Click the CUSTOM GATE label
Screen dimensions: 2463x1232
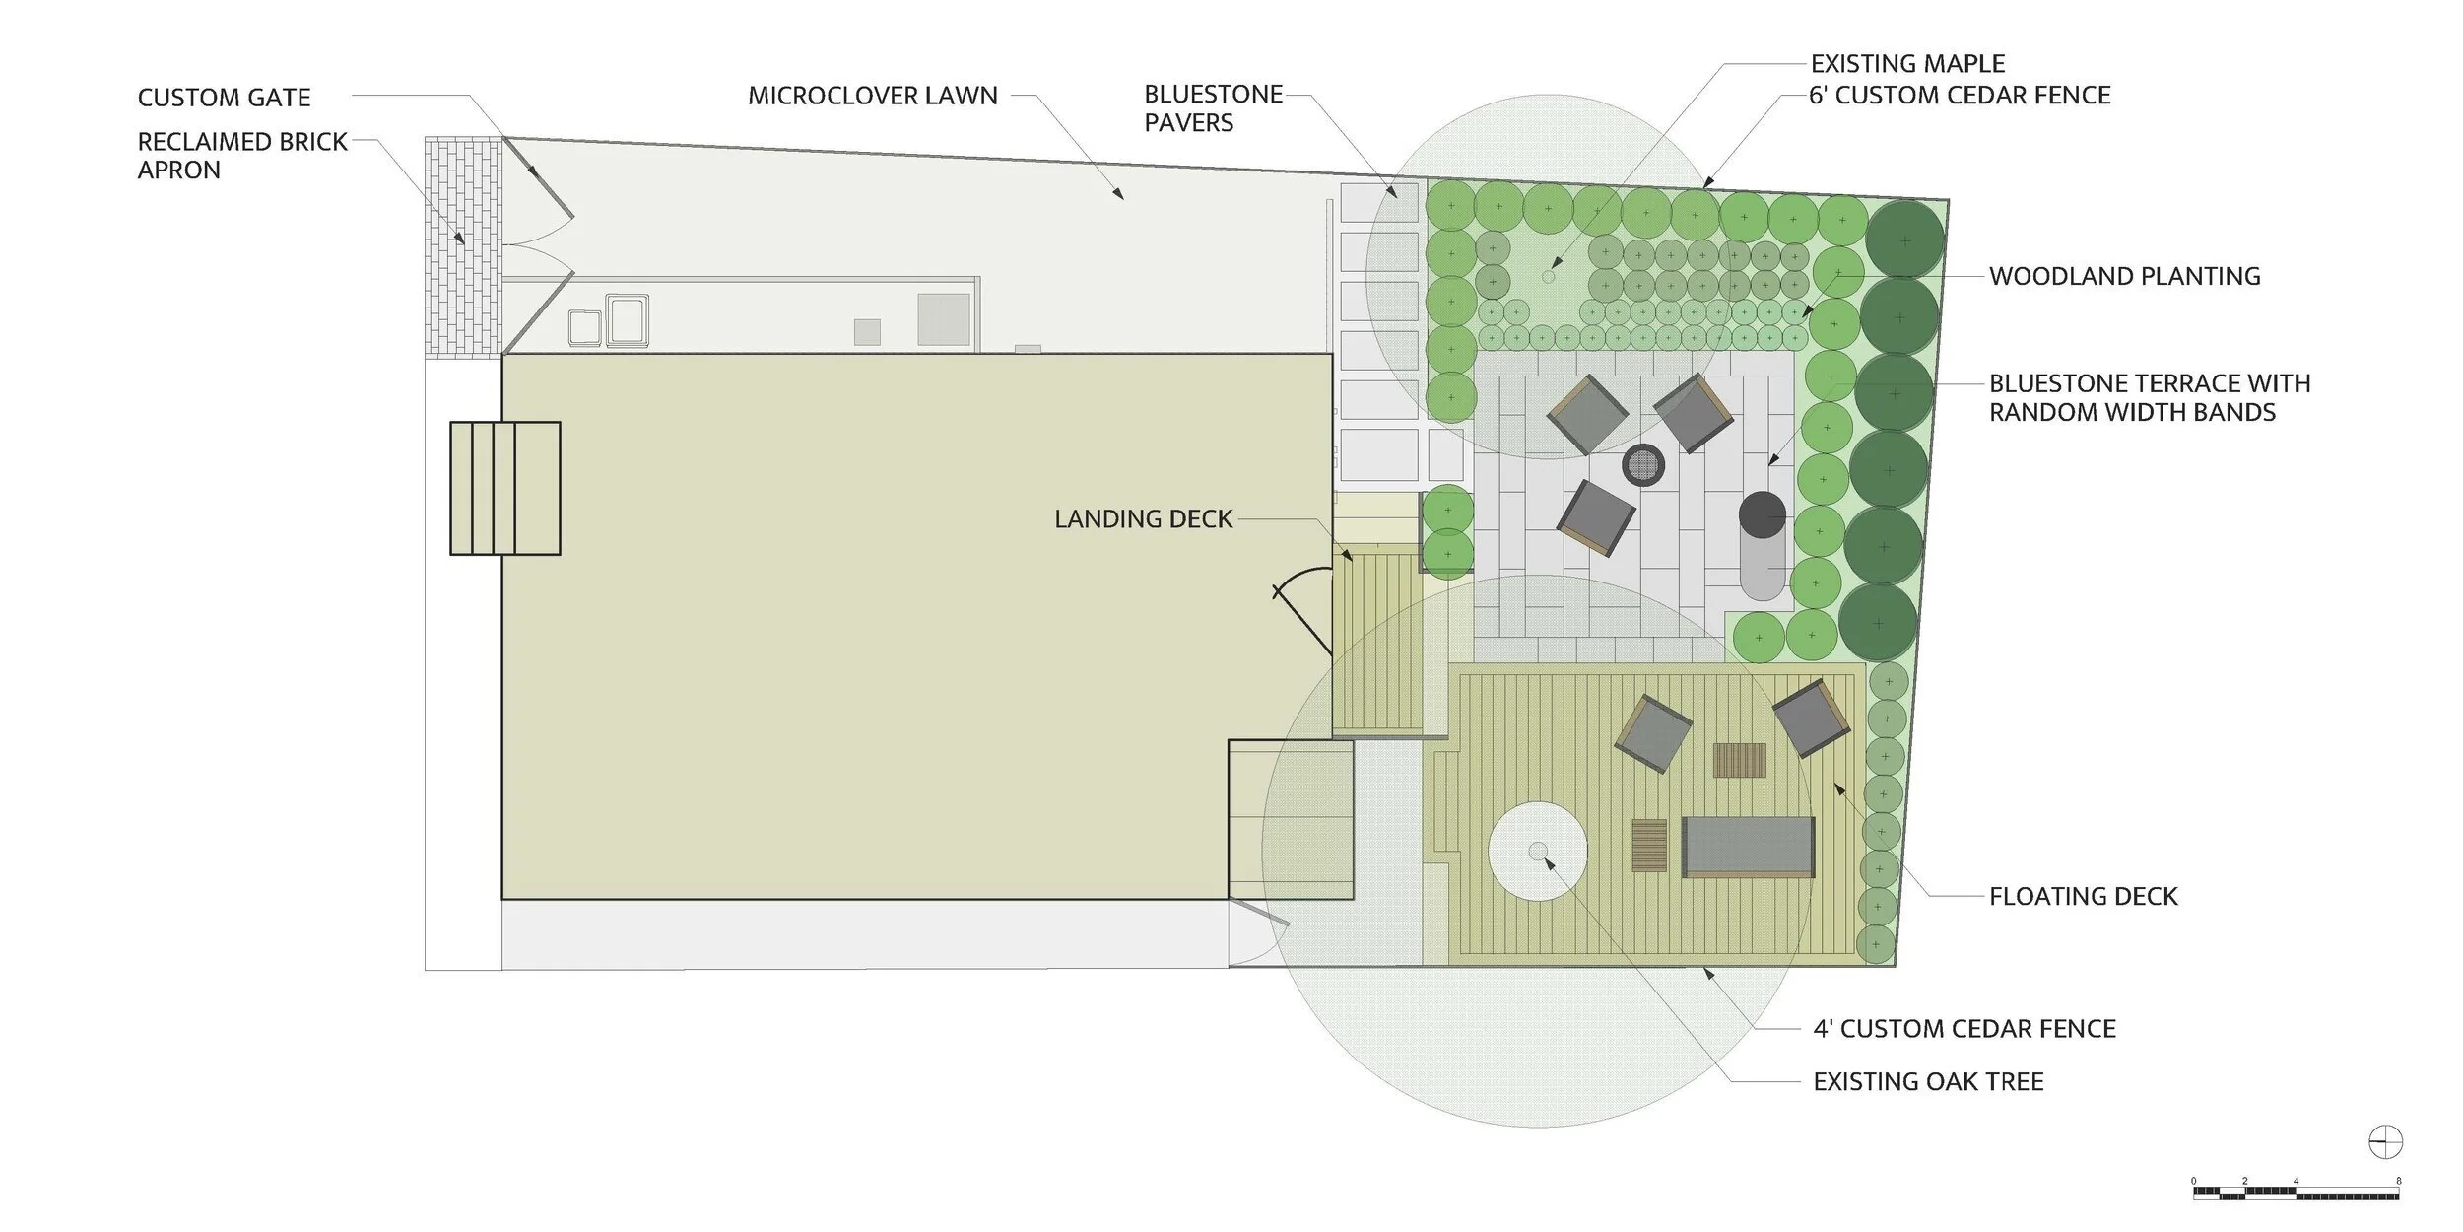coord(224,98)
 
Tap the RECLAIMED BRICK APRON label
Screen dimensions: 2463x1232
coord(242,156)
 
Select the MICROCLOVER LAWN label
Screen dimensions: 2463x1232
coord(872,96)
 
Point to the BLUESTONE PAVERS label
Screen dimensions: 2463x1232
coord(1213,108)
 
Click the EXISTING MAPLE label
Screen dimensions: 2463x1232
coord(1907,64)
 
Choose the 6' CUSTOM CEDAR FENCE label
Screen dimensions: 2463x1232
coord(1960,96)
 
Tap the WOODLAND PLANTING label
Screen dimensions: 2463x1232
coord(2124,276)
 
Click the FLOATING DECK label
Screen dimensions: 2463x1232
coord(2083,896)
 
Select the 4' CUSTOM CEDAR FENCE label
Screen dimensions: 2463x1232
coord(1964,1029)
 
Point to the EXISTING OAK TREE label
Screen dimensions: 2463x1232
coord(1928,1082)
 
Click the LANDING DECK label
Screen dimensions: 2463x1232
coord(1143,519)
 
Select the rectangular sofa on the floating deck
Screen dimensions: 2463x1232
coord(1748,846)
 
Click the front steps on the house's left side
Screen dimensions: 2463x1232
coord(505,488)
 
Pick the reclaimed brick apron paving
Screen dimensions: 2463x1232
coord(463,245)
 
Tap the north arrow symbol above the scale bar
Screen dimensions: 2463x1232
coord(2385,1143)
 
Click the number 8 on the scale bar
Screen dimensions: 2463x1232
coord(2398,1180)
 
